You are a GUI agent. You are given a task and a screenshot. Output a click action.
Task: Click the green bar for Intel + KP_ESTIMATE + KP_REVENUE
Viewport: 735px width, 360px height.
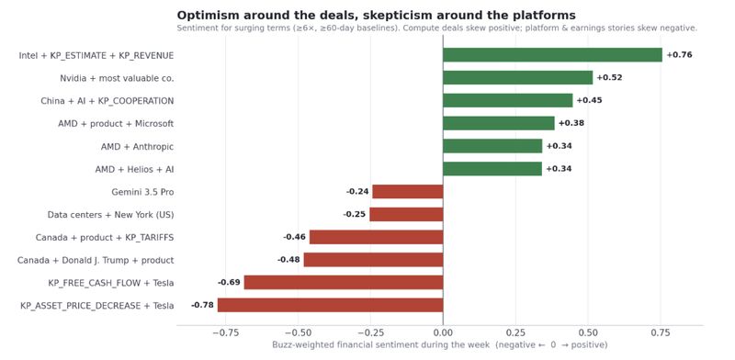tap(552, 55)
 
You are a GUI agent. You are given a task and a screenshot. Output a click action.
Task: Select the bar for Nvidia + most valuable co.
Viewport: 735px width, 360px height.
tap(517, 77)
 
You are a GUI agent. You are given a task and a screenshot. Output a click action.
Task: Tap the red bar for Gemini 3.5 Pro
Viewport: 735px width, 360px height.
tap(407, 191)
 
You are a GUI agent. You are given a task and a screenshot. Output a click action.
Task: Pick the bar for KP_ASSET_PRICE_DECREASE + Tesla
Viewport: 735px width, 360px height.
tap(330, 305)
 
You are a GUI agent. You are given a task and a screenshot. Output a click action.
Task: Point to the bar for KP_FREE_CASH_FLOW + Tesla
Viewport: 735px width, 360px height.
tap(343, 282)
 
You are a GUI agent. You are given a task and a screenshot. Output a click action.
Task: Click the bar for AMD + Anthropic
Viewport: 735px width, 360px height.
tap(492, 146)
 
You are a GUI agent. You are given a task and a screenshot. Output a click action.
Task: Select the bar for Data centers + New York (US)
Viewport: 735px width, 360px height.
tap(406, 214)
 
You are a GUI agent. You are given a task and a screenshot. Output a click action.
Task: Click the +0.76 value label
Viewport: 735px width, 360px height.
tap(679, 55)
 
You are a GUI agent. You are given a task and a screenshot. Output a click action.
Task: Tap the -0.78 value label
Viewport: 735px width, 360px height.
tap(202, 305)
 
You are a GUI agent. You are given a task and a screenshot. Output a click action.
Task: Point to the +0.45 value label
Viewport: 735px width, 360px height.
tap(589, 100)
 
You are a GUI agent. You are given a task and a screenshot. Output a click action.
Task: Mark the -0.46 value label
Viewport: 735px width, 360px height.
tap(294, 237)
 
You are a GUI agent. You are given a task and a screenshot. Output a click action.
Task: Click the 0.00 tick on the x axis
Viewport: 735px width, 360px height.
tap(443, 332)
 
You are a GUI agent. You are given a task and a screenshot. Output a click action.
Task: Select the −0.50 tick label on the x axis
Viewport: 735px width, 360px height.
tap(297, 332)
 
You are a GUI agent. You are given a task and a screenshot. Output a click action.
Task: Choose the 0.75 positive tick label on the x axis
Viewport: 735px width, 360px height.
tap(661, 332)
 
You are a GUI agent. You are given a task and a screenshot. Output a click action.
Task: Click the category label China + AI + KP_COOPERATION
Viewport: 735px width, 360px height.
tap(107, 101)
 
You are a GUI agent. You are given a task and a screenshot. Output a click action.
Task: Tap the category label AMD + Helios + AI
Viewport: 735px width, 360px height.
tap(134, 169)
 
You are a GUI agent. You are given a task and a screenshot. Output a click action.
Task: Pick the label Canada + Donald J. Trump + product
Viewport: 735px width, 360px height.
tap(96, 260)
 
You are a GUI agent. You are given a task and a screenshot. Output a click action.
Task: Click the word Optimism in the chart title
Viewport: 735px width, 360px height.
tap(203, 16)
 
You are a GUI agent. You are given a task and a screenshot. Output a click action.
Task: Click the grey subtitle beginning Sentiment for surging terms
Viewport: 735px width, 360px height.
tap(437, 28)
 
